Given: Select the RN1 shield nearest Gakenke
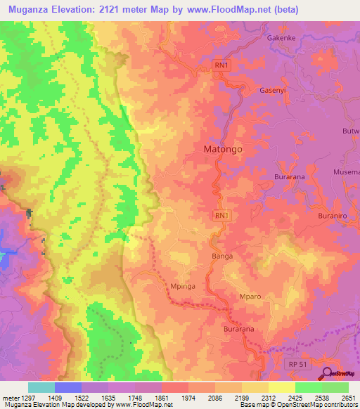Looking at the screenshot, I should click(221, 65).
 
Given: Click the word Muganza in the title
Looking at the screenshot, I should click(29, 10).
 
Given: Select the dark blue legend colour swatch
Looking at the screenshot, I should click(68, 387).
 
